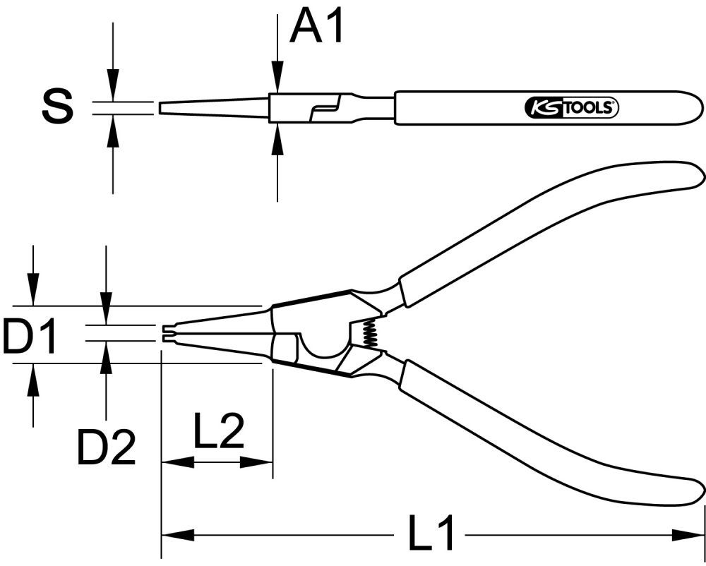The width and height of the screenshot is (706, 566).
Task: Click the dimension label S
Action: point(57,107)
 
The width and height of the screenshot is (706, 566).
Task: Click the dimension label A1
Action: point(317,28)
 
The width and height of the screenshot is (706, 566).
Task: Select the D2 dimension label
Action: point(106,447)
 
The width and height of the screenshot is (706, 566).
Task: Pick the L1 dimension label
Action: point(431,535)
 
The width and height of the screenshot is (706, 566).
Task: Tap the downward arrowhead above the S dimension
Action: point(112,87)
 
